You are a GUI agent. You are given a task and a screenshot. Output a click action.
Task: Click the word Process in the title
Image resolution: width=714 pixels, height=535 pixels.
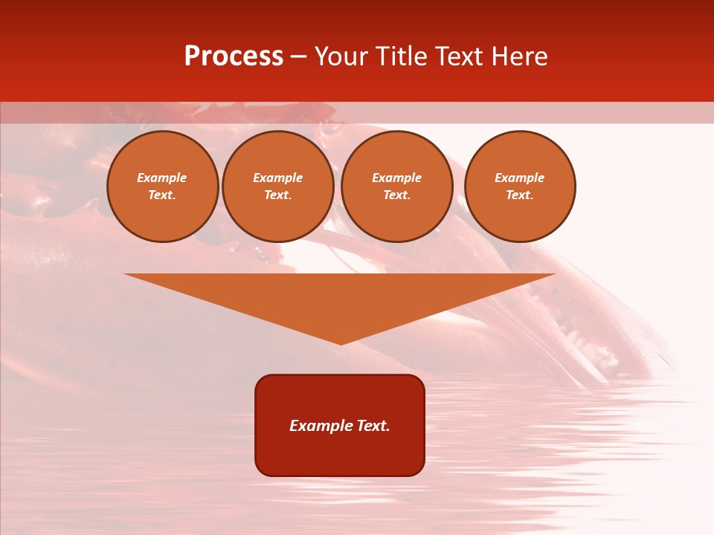point(234,56)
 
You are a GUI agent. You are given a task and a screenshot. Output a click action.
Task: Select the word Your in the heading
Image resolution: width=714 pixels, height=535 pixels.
point(341,56)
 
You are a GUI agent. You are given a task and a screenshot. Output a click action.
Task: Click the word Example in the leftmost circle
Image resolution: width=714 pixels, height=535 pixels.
point(162,178)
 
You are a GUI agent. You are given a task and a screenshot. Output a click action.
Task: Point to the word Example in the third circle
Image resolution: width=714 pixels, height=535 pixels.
point(396,178)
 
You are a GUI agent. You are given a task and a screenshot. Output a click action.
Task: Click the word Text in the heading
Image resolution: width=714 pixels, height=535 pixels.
point(459,56)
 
